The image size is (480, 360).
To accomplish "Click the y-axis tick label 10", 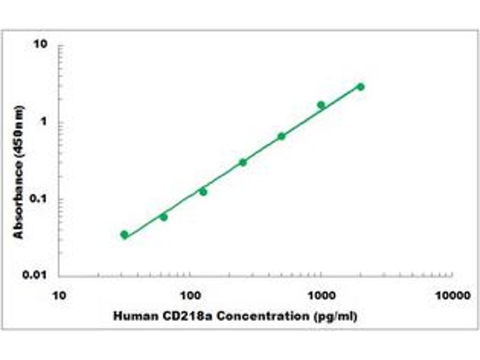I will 41,46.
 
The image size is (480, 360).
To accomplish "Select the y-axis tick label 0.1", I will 38,199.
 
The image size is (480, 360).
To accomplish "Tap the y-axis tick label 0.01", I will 36,275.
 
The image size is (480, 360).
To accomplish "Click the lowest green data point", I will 124,235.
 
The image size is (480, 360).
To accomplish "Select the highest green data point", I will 361,86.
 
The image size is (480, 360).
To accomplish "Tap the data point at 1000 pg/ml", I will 321,105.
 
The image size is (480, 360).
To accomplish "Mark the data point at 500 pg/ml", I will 281,136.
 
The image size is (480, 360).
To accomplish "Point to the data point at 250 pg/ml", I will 242,162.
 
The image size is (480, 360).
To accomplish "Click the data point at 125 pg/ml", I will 203,191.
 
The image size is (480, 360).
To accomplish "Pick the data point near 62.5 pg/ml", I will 164,217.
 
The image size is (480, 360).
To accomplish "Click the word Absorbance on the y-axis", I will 20,199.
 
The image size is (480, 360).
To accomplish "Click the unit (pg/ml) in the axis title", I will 335,316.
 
